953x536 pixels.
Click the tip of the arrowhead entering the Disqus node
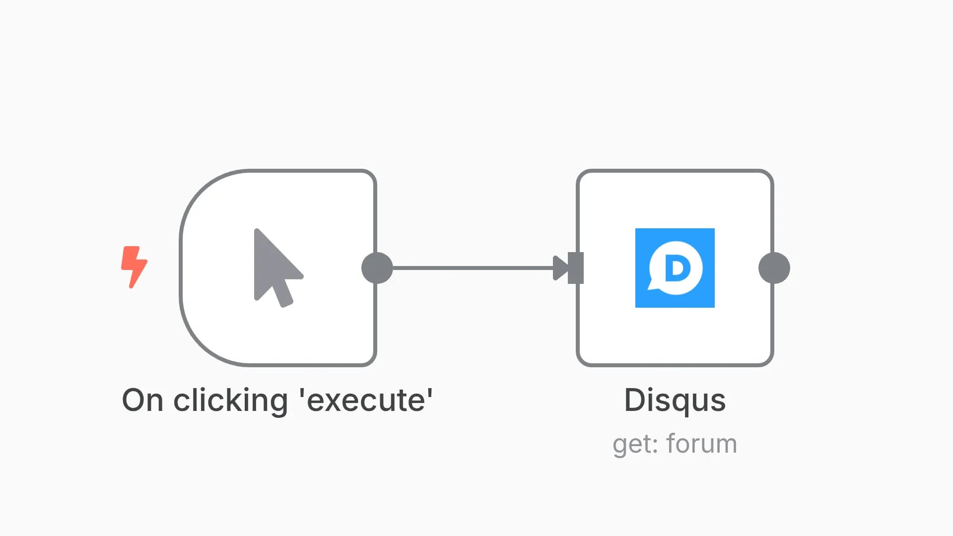coord(568,268)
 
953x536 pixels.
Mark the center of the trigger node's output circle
coord(377,268)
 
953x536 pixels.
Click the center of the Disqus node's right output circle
coord(774,268)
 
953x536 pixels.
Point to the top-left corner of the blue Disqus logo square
coord(635,228)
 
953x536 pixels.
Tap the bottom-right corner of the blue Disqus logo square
coord(715,308)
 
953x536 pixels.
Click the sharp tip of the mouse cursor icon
coord(256,229)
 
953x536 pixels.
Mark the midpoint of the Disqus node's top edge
coord(675,171)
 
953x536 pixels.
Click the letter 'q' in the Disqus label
coord(685,403)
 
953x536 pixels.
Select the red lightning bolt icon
coord(134,267)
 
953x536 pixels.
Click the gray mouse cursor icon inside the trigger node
coord(278,268)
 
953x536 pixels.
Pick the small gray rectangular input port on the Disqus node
coord(576,268)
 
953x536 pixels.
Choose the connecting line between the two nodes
coord(473,268)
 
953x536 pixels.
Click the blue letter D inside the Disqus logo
coord(678,268)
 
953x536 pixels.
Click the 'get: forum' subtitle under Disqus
coord(675,444)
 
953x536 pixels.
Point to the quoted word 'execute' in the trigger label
coord(366,400)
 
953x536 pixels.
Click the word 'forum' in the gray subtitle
coord(702,443)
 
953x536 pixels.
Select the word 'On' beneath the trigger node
coord(142,400)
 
